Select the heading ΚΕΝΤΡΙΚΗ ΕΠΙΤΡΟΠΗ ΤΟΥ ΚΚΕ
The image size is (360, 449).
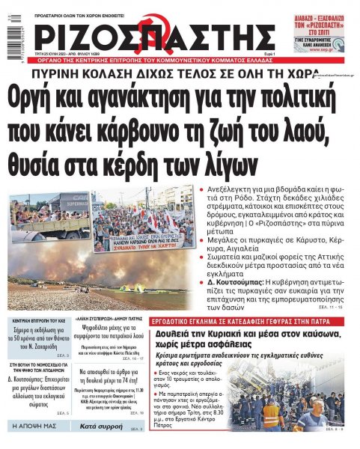(x=42, y=319)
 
